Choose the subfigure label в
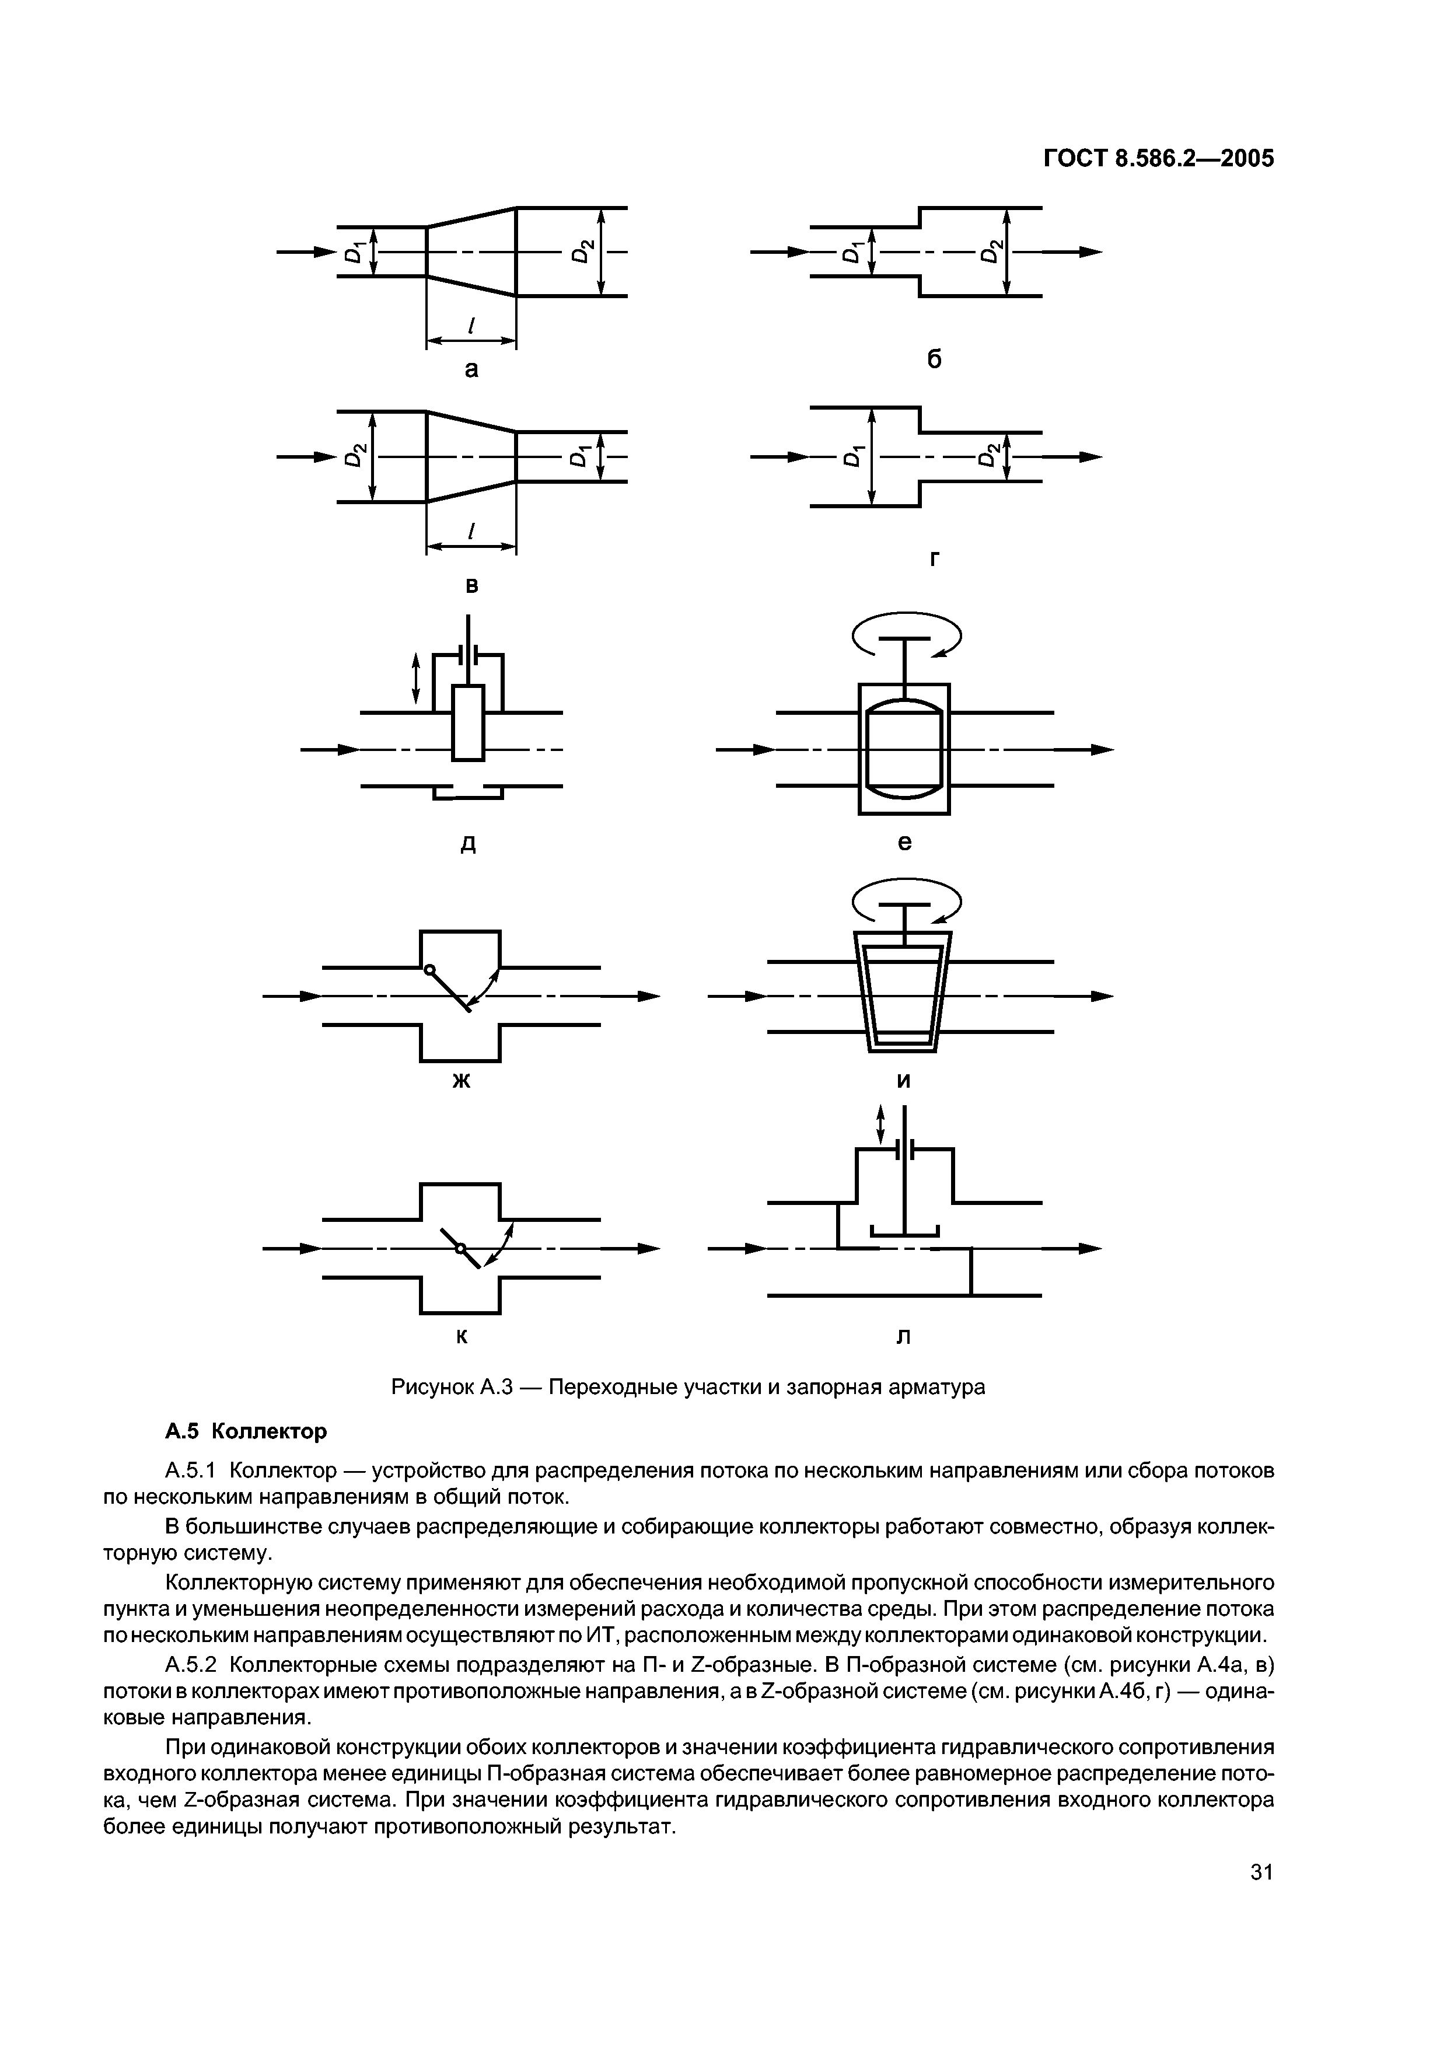point(471,586)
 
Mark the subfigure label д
point(467,843)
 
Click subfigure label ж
point(461,1081)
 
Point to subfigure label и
point(904,1081)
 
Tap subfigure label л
point(903,1337)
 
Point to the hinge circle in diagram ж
point(429,970)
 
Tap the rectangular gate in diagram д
point(468,722)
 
